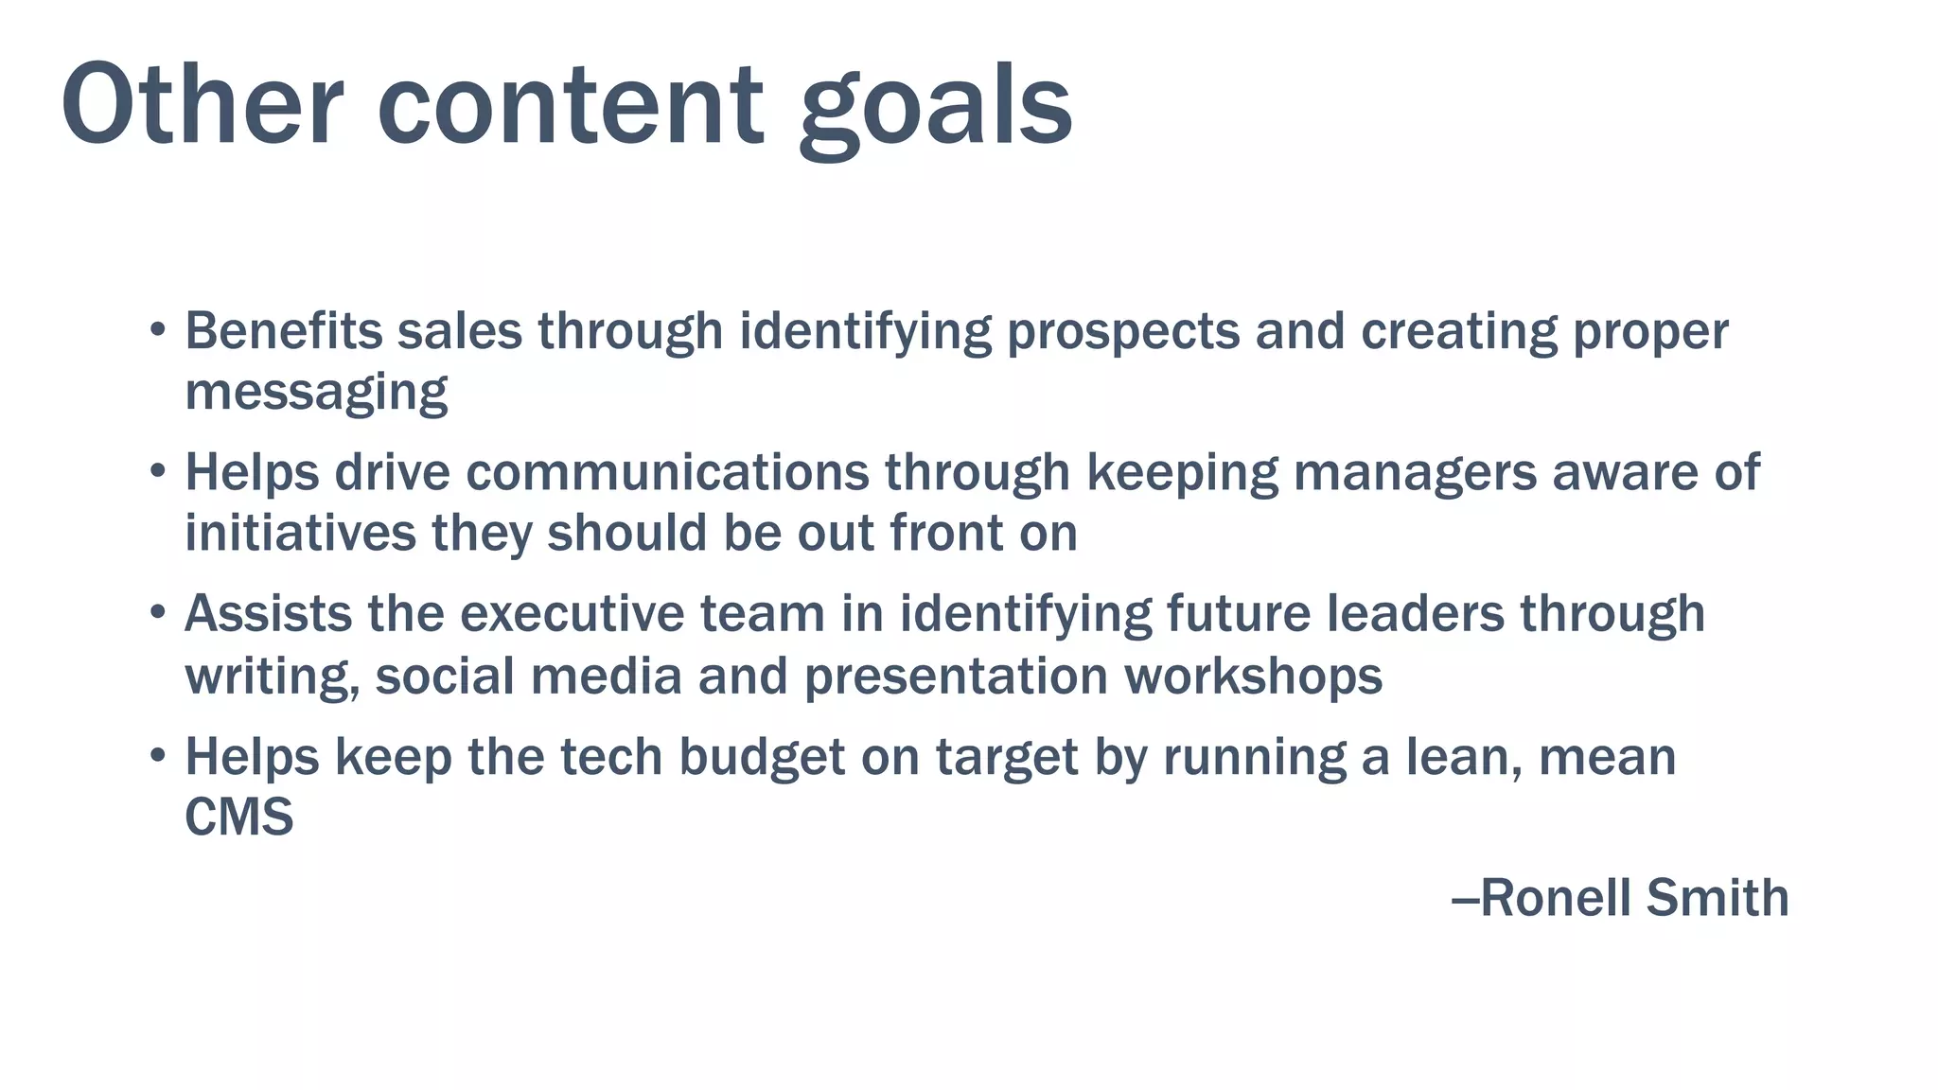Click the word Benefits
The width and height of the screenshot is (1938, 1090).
click(x=283, y=331)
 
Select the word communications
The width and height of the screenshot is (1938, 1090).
click(x=667, y=472)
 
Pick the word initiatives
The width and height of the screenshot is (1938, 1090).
click(x=300, y=533)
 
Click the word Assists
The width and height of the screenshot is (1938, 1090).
click(x=268, y=614)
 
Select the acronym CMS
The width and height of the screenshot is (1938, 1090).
click(x=238, y=817)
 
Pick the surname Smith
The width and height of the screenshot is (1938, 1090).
click(x=1717, y=898)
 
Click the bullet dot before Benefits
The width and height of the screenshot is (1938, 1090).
click(x=158, y=331)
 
